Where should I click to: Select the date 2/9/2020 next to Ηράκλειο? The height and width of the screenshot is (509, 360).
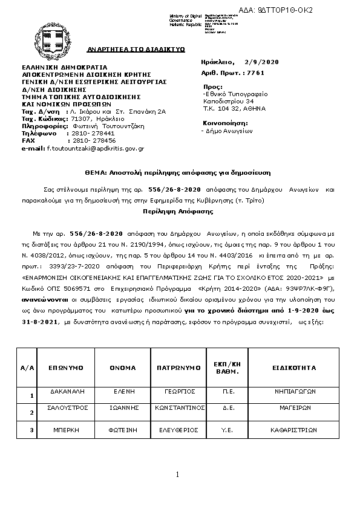(x=262, y=62)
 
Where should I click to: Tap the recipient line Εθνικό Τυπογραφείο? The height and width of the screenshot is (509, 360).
(x=236, y=94)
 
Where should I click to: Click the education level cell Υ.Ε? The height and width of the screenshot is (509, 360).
(x=229, y=430)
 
